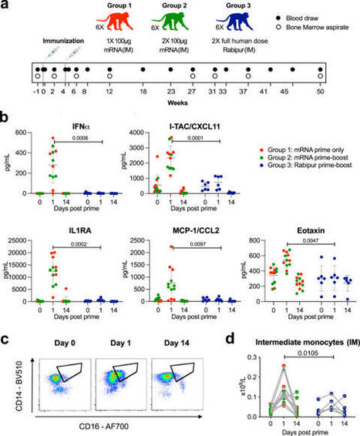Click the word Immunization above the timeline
tap(57, 39)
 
